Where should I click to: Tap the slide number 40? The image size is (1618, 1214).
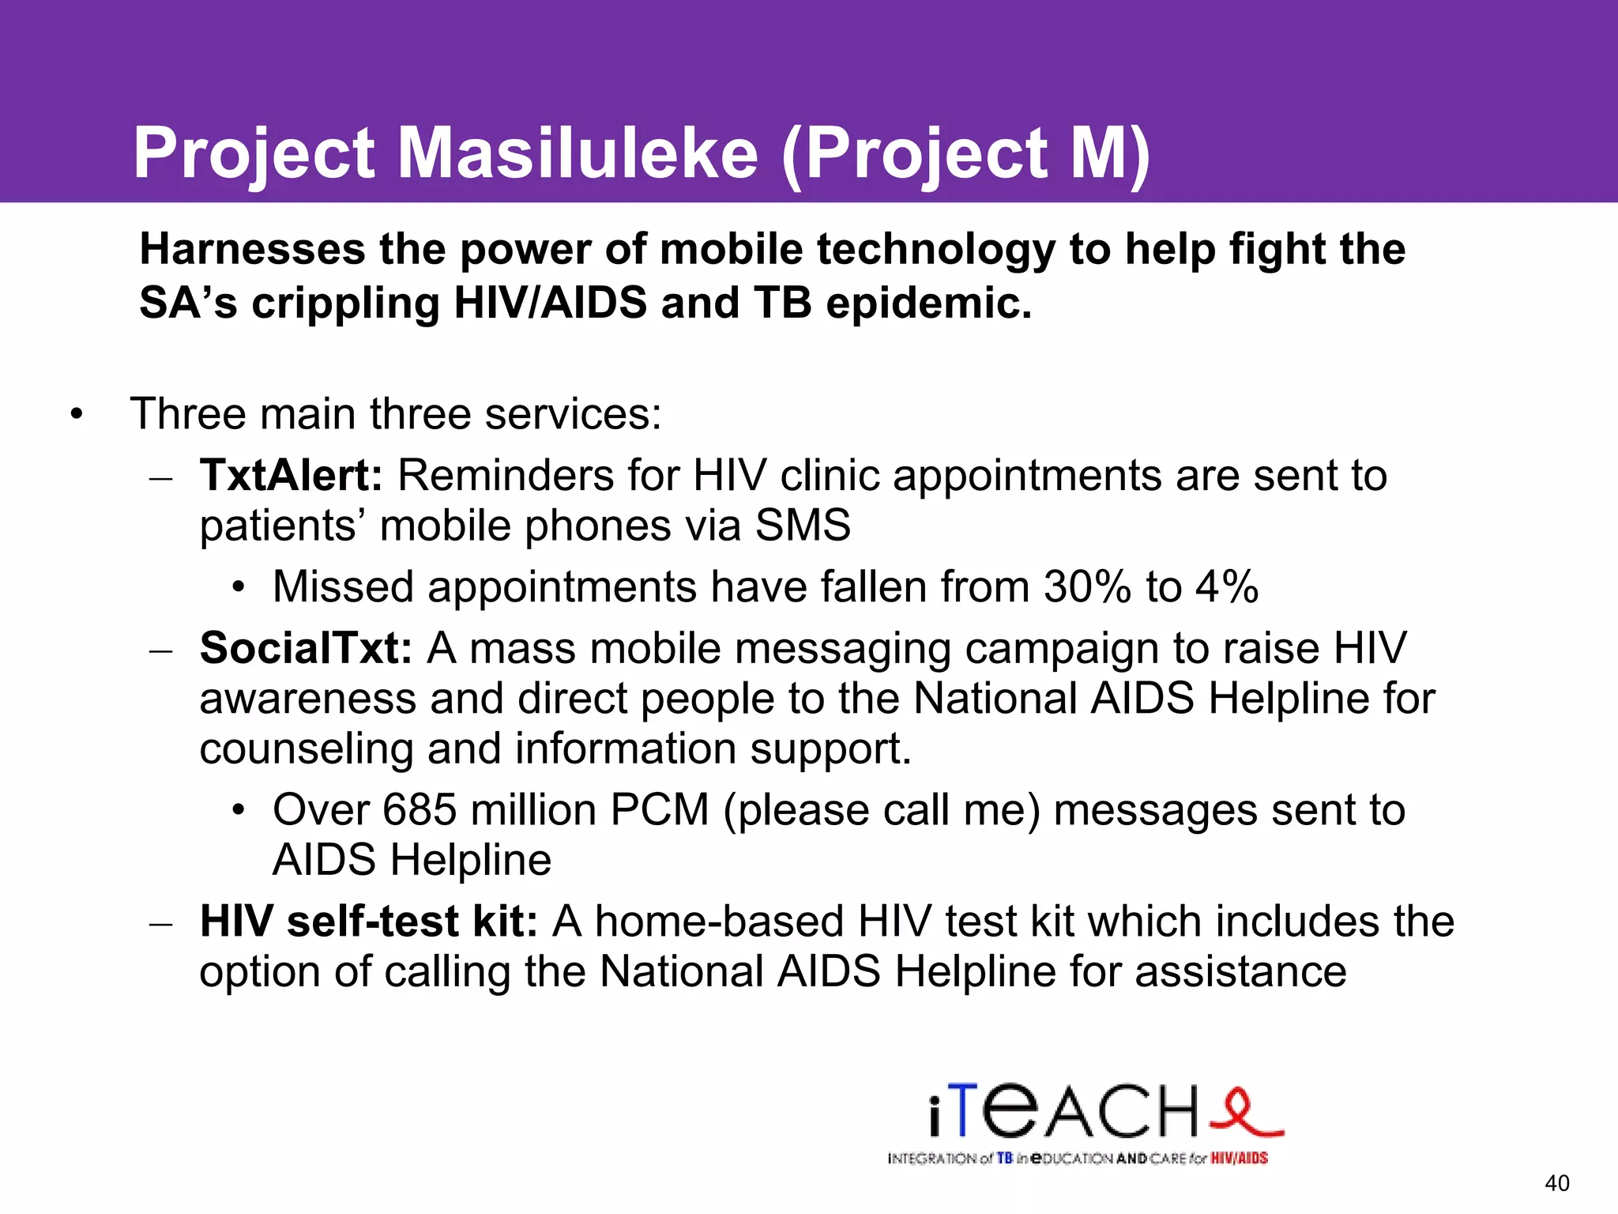pyautogui.click(x=1556, y=1183)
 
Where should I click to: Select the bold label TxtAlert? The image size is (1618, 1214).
pyautogui.click(x=291, y=476)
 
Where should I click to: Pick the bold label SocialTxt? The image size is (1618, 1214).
pyautogui.click(x=306, y=648)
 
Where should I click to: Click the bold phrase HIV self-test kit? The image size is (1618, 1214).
pyautogui.click(x=369, y=922)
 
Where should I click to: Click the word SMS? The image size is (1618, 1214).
pyautogui.click(x=803, y=526)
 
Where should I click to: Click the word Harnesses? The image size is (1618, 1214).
pyautogui.click(x=252, y=249)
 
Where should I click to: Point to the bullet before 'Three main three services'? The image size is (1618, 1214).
pyautogui.click(x=76, y=415)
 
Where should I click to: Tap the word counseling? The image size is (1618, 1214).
pyautogui.click(x=306, y=748)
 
